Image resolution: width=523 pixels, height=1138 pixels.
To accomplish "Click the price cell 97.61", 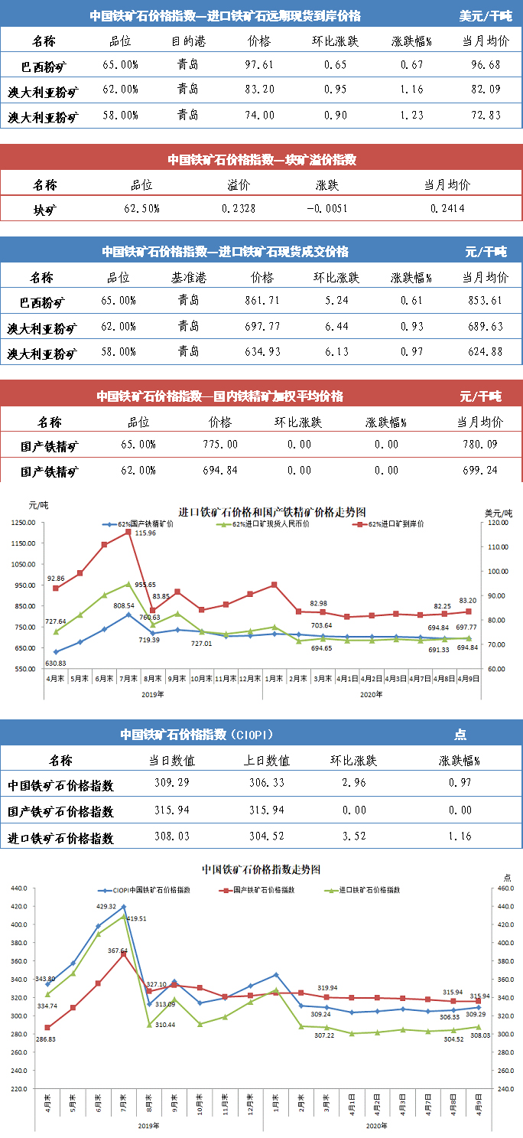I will tap(260, 66).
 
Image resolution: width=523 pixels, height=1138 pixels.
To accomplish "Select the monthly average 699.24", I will tap(480, 470).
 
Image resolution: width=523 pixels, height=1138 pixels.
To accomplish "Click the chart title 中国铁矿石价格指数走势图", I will tap(260, 869).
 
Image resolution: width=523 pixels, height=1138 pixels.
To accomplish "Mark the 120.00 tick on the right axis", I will tap(497, 523).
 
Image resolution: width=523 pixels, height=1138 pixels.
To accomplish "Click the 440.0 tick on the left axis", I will tap(18, 888).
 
